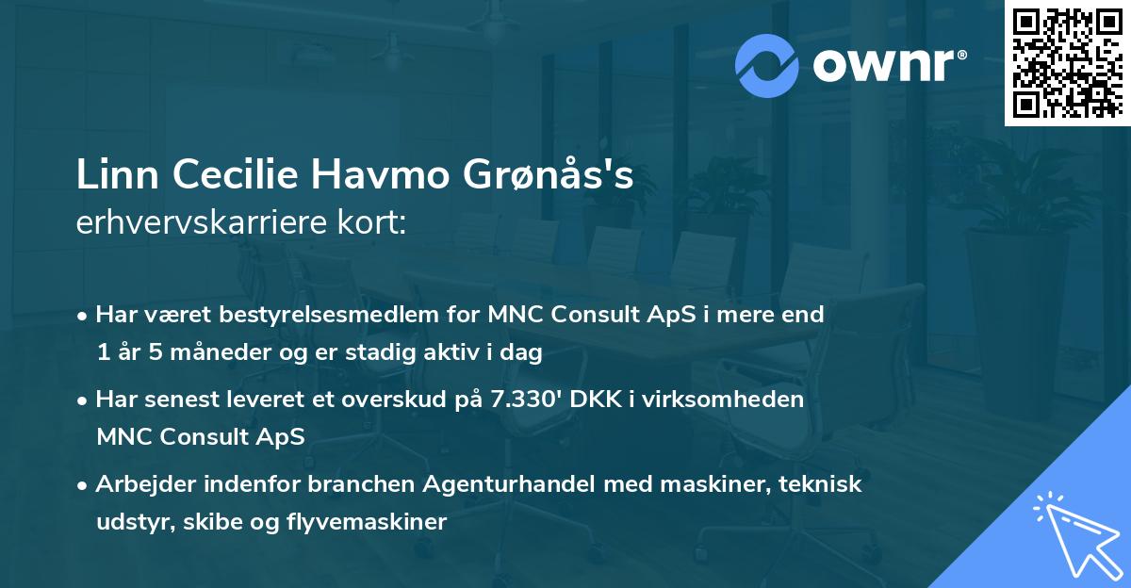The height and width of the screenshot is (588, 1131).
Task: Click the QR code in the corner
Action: (1067, 62)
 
